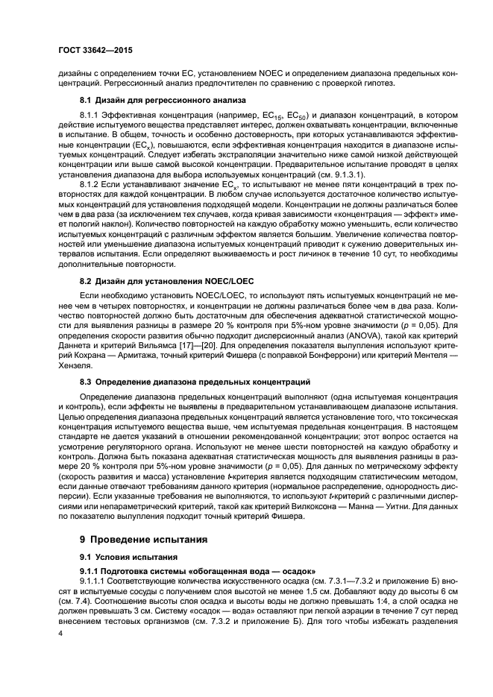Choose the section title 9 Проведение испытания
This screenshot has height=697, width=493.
(x=148, y=539)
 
